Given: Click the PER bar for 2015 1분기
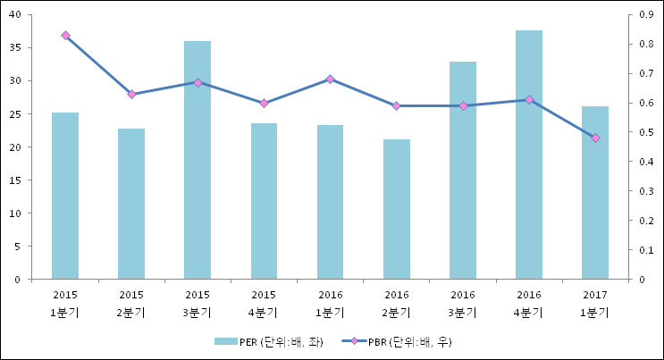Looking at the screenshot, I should point(65,197).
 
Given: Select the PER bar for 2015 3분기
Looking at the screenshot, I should point(198,161).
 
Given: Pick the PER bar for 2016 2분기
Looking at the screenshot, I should point(397,210).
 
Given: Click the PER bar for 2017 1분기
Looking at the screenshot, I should point(595,193).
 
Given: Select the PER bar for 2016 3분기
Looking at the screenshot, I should point(463,171).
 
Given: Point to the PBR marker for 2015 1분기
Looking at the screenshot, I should point(65,36).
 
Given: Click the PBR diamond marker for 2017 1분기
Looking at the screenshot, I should point(595,138).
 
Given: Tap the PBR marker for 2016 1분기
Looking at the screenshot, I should point(331,79).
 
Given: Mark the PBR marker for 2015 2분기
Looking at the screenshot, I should point(131,94).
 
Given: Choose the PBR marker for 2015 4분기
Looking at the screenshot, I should point(264,104).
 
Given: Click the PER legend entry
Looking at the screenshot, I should point(267,341).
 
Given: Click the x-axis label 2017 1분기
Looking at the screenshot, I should point(595,302).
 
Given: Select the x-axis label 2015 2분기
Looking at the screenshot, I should point(131,302).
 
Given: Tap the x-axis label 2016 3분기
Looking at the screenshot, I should point(463,302).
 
